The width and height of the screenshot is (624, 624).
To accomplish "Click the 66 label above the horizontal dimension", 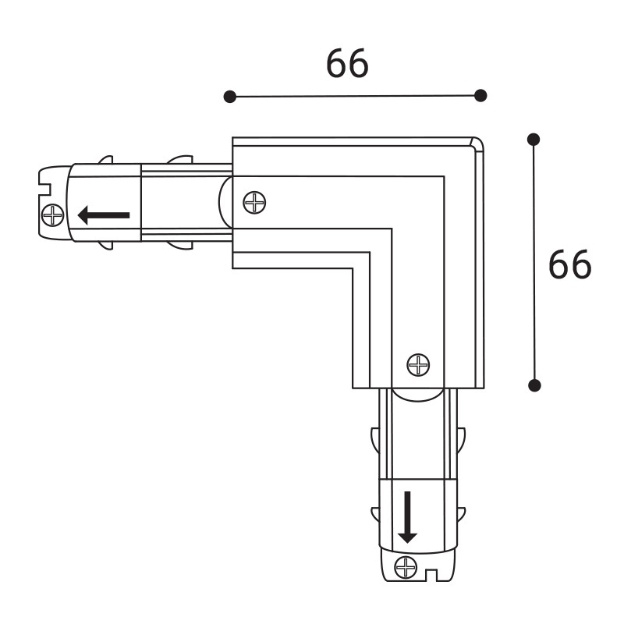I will click(347, 64).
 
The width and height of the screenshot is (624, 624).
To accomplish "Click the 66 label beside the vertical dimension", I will click(569, 266).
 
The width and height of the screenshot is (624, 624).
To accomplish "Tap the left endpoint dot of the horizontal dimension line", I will click(229, 97).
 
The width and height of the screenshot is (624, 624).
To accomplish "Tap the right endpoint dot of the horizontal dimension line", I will click(480, 95).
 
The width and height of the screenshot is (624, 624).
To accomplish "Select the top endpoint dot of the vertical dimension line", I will click(534, 140).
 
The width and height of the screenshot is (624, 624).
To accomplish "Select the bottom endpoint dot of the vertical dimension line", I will click(534, 385).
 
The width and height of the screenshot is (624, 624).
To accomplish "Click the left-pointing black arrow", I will click(103, 214).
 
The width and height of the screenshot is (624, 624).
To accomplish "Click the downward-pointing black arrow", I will click(407, 516).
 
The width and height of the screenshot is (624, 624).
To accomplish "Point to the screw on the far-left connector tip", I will click(53, 214).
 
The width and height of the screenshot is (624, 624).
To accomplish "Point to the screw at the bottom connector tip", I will click(406, 567).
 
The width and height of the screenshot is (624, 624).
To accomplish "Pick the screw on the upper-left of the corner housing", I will click(254, 203).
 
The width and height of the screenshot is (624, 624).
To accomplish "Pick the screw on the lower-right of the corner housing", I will click(419, 363).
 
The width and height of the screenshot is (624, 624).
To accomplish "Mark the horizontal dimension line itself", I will click(355, 96).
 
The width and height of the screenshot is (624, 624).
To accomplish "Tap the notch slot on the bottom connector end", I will click(431, 576).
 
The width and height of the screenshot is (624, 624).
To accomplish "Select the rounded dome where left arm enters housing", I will click(225, 203).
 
